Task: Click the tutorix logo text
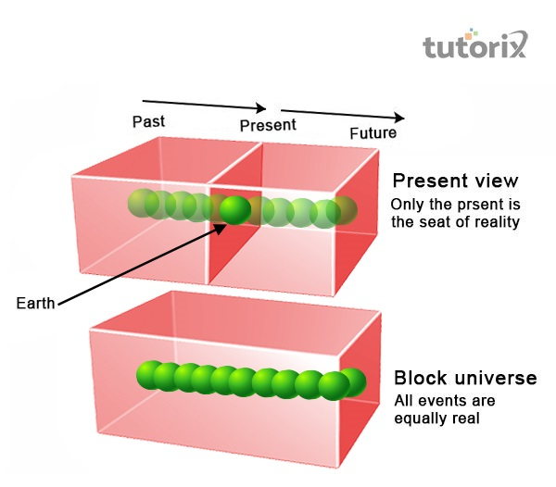pos(474,45)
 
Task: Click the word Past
pos(148,121)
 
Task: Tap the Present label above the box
pos(268,124)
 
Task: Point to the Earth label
pos(36,303)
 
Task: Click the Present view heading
pos(455,181)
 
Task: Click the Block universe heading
pos(465,378)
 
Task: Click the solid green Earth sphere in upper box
pos(234,210)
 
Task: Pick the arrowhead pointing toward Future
pos(398,118)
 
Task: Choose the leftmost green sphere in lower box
pos(148,374)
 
